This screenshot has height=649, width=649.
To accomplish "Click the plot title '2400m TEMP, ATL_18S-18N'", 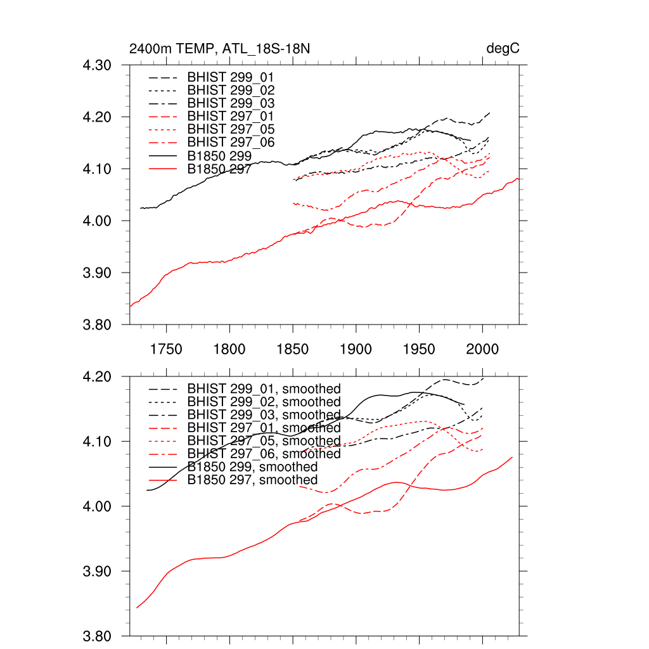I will point(219,49).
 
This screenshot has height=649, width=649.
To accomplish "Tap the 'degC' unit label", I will point(503,49).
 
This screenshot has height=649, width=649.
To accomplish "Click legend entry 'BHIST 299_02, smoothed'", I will point(264,402).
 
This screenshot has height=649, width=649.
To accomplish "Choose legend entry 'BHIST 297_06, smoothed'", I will point(264,454).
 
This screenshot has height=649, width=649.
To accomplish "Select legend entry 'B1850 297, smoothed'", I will point(252,480).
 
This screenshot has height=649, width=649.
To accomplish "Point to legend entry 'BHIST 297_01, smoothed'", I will point(264,428).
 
